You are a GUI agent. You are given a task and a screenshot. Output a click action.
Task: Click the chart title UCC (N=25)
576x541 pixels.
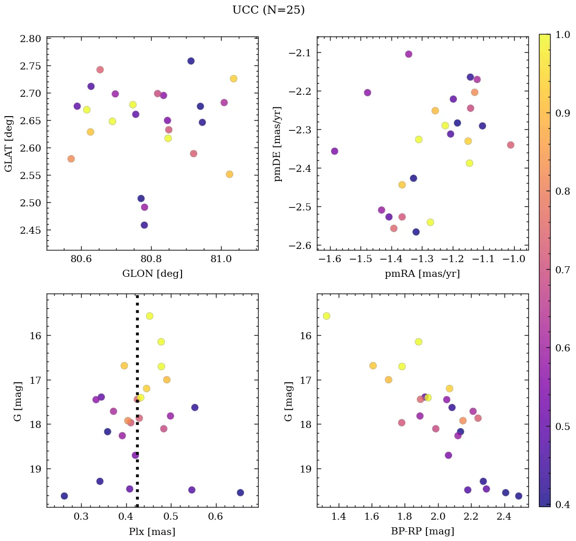click(268, 10)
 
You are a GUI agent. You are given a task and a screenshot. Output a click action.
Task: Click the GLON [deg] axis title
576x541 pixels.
click(152, 274)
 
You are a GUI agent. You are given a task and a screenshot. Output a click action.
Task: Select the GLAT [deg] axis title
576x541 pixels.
click(9, 143)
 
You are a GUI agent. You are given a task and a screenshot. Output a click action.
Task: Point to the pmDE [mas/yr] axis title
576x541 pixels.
click(277, 143)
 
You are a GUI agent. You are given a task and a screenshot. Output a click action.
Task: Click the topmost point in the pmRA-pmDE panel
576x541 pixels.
click(409, 54)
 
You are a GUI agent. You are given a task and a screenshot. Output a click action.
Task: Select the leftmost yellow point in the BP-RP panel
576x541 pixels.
click(327, 316)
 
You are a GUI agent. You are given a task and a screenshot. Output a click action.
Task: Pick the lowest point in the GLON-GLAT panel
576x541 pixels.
click(145, 225)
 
